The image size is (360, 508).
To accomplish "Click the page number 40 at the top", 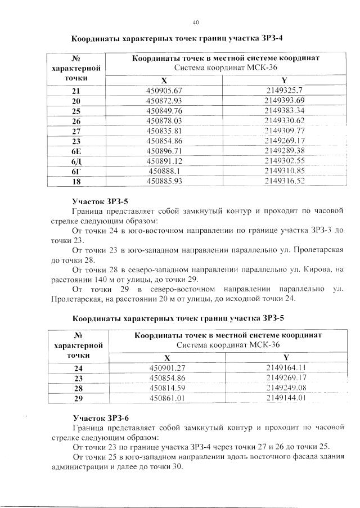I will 196,23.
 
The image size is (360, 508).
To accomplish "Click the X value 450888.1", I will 164,171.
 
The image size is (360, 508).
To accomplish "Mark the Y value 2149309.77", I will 284,131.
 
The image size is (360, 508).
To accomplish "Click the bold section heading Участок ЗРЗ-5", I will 101,200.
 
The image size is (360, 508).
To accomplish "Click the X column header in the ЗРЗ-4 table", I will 164,80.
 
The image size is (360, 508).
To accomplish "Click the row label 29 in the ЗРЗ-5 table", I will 78,398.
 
